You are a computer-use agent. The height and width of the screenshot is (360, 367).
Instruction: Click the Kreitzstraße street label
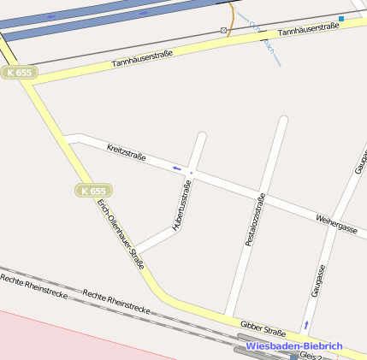point(127,153)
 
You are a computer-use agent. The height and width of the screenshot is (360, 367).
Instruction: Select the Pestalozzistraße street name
point(255,220)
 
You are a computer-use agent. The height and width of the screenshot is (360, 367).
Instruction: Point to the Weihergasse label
point(336,224)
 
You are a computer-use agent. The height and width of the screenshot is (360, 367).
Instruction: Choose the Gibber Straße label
point(263,329)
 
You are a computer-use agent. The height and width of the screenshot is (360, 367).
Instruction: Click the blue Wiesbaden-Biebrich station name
point(293,346)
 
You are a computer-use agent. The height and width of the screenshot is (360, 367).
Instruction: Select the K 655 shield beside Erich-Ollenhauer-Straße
point(92,191)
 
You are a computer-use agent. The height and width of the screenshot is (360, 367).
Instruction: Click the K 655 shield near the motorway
point(18,73)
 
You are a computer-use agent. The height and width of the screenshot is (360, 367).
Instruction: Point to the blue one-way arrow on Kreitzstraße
point(177,168)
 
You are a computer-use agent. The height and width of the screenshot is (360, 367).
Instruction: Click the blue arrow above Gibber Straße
point(306,324)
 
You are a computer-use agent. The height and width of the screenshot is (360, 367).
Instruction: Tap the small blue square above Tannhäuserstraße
point(341,18)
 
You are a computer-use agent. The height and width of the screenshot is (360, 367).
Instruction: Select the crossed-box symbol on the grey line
point(223,31)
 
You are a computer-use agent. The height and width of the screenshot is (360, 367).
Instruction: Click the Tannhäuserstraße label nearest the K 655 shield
point(142,59)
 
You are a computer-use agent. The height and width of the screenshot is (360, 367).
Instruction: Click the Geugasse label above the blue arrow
point(319,280)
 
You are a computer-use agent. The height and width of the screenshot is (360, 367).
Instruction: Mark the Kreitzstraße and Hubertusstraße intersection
point(192,174)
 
